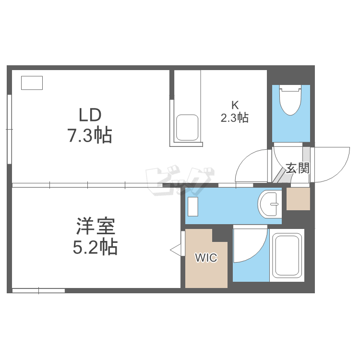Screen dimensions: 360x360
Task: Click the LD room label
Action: [x=90, y=115]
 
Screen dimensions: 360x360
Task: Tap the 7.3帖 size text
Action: [x=89, y=136]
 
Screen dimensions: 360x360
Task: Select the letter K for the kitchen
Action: [x=235, y=105]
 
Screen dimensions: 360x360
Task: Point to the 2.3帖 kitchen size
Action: [x=234, y=118]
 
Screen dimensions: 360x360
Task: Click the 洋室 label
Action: [x=95, y=226]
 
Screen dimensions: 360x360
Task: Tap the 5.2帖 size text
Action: [x=95, y=247]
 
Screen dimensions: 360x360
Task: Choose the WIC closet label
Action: [x=206, y=258]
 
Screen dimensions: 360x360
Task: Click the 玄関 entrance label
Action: [x=298, y=168]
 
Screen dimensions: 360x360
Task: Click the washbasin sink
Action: [x=270, y=204]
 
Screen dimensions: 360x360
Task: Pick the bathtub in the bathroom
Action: [x=287, y=255]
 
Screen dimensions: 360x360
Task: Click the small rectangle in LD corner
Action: [x=32, y=83]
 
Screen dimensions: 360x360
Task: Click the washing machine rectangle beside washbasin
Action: [x=193, y=206]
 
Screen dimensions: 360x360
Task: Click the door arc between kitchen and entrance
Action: [x=250, y=166]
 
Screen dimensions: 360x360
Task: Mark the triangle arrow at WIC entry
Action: [x=176, y=249]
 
